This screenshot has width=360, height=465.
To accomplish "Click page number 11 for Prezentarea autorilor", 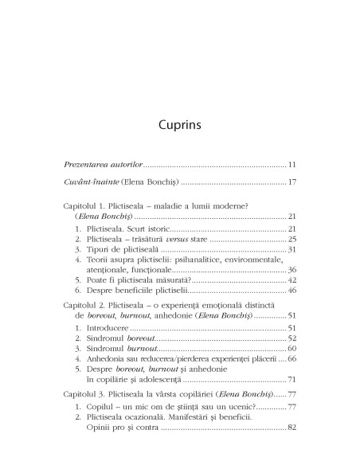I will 292,186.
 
